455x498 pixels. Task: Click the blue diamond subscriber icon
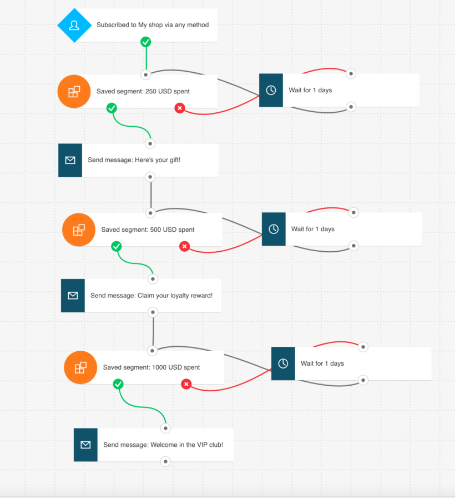point(74,25)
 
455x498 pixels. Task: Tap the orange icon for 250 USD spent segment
point(74,91)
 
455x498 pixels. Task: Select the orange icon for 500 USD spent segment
point(78,230)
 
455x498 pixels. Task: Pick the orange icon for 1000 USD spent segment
point(80,367)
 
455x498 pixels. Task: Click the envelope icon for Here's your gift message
point(70,161)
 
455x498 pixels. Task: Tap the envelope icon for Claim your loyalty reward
point(73,296)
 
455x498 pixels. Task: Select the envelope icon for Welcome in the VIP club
point(85,445)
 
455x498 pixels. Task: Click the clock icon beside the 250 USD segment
point(271,90)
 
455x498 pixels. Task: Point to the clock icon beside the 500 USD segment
point(274,229)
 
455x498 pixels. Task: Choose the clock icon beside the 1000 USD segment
point(283,363)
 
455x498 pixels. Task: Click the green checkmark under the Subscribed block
point(145,42)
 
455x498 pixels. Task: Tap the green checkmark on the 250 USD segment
point(112,108)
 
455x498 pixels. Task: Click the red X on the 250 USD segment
point(179,108)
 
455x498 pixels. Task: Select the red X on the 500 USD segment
point(185,246)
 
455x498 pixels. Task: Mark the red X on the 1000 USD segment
point(186,384)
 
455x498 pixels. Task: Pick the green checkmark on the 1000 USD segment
point(118,384)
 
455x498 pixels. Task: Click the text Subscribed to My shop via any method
point(153,25)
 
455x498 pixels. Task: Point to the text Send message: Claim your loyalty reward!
point(151,296)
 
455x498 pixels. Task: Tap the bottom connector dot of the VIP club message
point(165,461)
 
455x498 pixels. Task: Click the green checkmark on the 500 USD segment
point(116,246)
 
